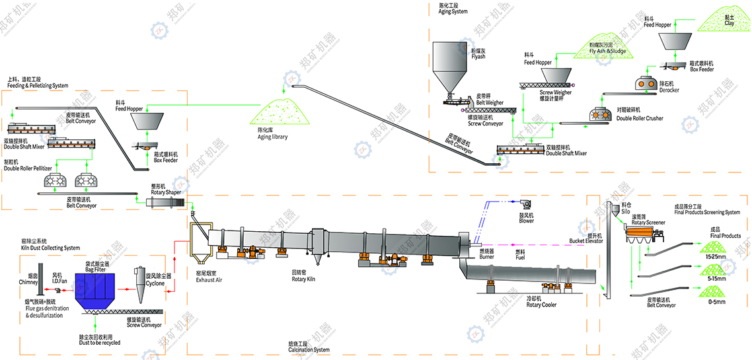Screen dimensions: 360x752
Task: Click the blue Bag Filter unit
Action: tap(99, 291)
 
